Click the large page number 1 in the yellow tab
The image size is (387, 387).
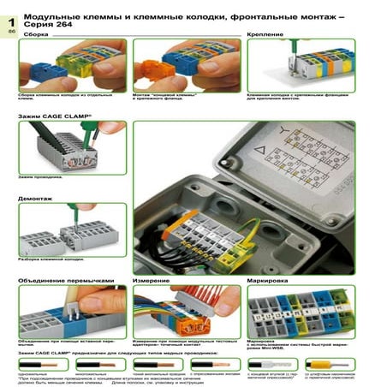11,18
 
